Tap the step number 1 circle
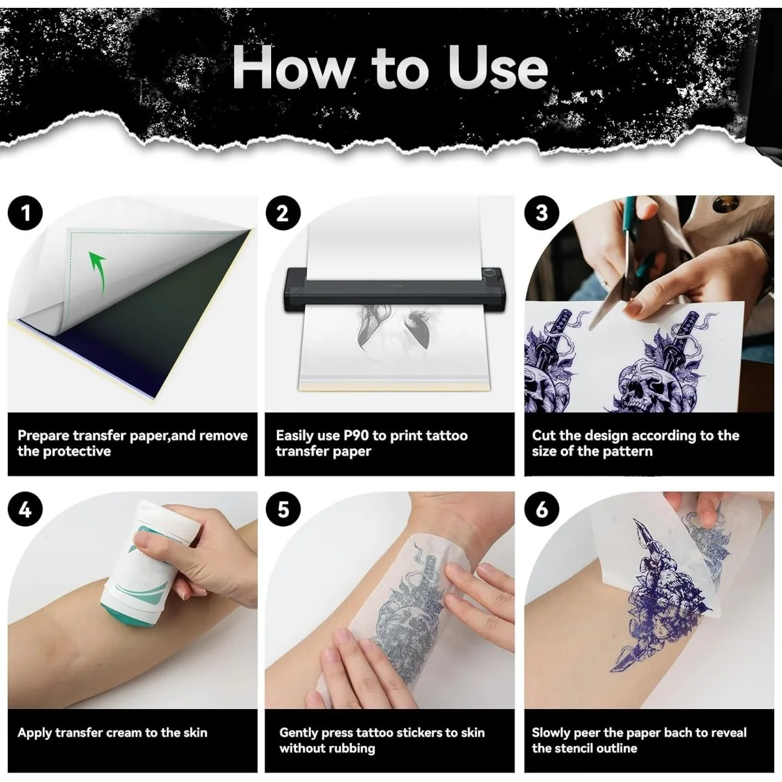point(26,213)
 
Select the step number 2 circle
point(282,213)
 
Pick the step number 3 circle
point(542,213)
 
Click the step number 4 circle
point(26,509)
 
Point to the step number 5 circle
point(282,509)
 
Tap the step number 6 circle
point(542,509)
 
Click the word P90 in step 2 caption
point(356,435)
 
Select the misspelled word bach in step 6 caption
point(678,732)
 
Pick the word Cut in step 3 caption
point(544,435)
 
